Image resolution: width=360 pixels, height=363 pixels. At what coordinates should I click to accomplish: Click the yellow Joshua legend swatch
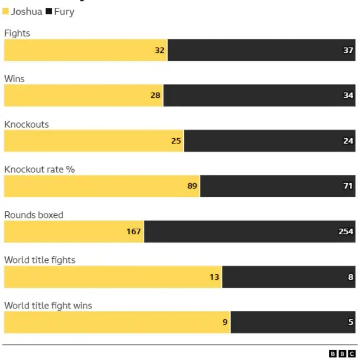click(x=6, y=12)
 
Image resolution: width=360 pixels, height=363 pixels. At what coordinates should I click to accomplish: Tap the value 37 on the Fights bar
click(x=348, y=50)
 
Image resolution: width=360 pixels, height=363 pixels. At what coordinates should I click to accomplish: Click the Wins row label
click(x=15, y=79)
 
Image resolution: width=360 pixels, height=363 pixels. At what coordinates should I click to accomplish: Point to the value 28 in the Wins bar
click(x=155, y=96)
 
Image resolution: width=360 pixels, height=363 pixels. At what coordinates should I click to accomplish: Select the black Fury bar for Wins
click(x=259, y=96)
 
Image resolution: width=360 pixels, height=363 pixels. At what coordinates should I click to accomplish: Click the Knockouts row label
click(x=26, y=124)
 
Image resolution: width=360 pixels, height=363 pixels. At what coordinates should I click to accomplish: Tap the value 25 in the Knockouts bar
click(x=176, y=141)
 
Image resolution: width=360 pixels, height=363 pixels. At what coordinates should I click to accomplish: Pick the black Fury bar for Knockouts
click(x=269, y=141)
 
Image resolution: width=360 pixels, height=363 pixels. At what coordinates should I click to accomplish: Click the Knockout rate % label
click(x=39, y=169)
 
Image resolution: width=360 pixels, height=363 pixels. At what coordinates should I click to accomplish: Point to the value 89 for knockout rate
click(x=192, y=186)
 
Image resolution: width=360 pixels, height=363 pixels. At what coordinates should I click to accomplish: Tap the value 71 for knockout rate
click(x=348, y=186)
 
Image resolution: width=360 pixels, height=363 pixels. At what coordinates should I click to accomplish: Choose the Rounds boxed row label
click(x=34, y=215)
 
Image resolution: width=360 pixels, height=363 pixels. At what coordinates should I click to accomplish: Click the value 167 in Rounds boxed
click(x=133, y=232)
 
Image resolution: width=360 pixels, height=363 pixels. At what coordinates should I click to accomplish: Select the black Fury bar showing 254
click(x=250, y=232)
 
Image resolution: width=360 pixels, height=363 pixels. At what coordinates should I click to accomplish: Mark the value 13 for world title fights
click(x=214, y=277)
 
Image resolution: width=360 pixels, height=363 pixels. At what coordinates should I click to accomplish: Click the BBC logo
click(x=342, y=353)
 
